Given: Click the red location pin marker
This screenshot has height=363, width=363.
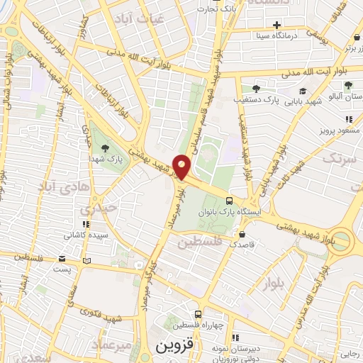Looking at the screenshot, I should (x=182, y=167).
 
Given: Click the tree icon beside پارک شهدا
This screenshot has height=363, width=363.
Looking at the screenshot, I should (x=106, y=147).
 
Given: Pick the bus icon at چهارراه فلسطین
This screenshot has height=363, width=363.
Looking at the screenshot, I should (x=198, y=314).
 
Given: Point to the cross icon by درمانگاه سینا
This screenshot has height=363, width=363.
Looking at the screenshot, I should (x=286, y=25).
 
